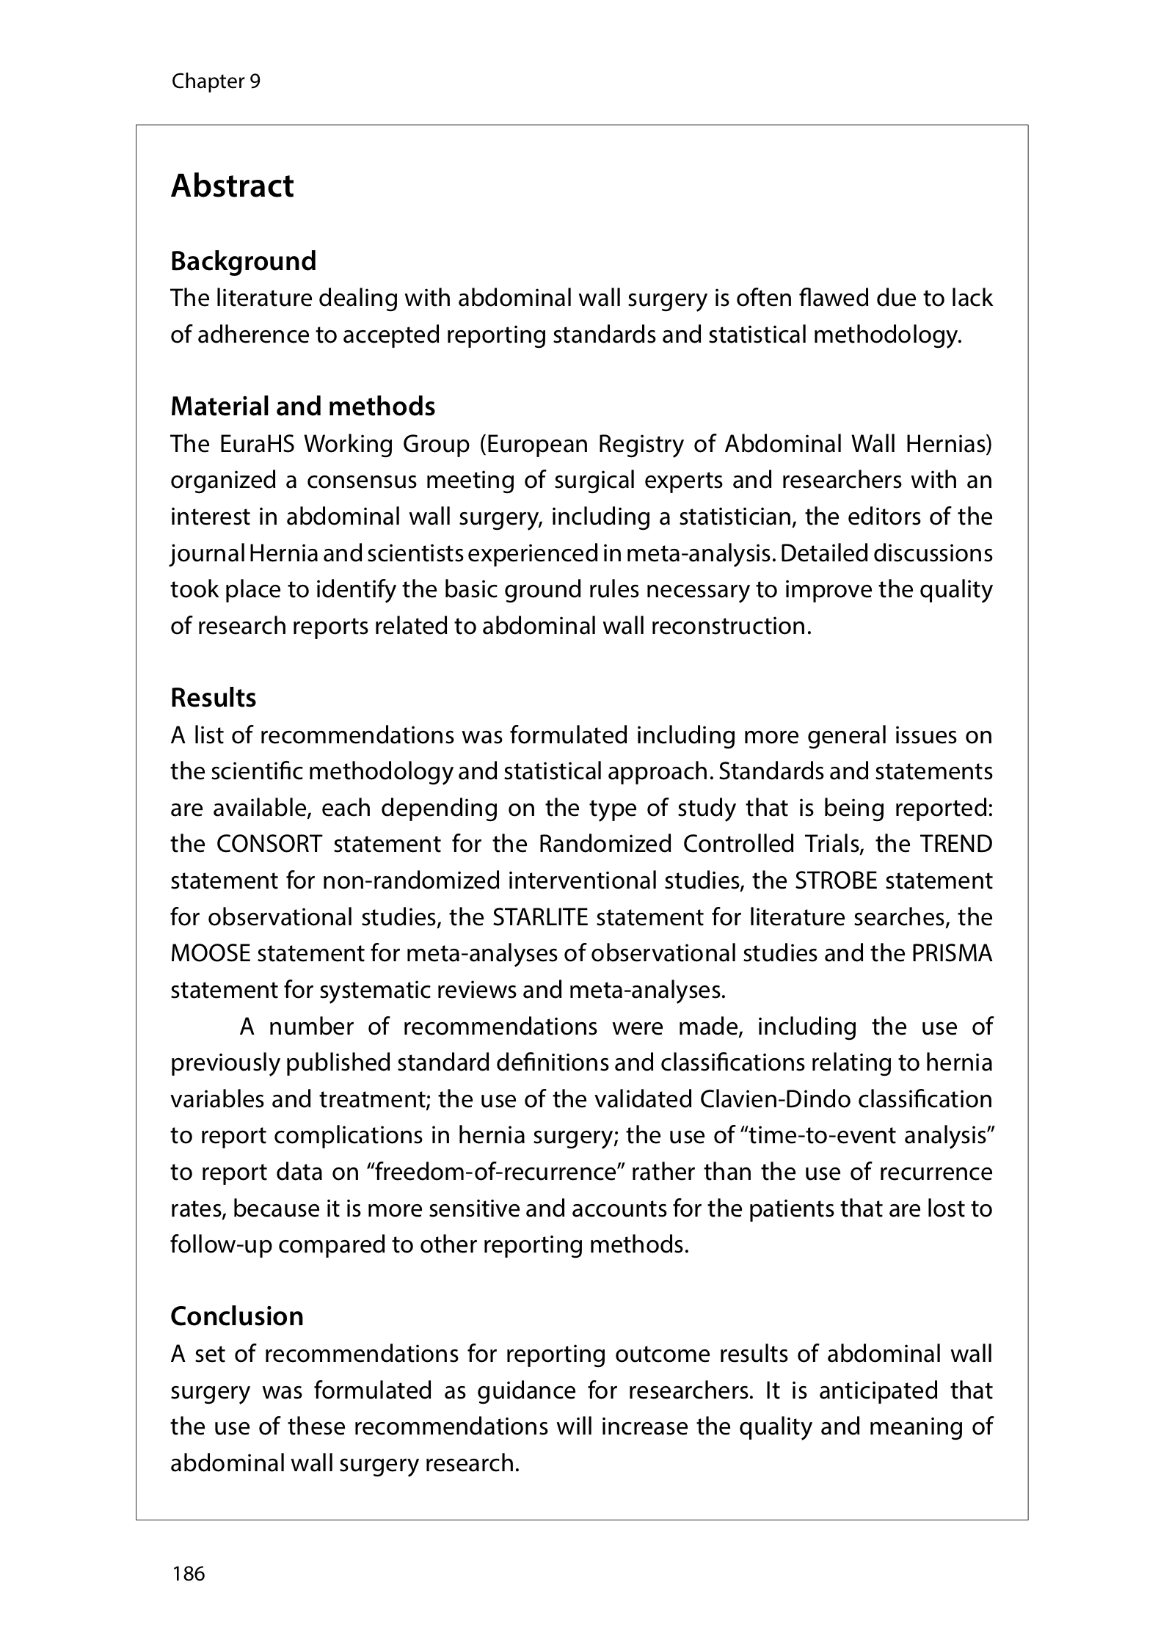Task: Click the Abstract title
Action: point(232,186)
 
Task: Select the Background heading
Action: point(243,261)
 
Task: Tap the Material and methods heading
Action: point(302,407)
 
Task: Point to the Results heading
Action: point(213,698)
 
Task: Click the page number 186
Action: point(188,1573)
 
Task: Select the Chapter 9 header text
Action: point(216,81)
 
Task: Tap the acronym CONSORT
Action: point(269,844)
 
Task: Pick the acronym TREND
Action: point(955,844)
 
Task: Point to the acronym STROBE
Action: point(836,881)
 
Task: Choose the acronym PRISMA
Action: point(952,953)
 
